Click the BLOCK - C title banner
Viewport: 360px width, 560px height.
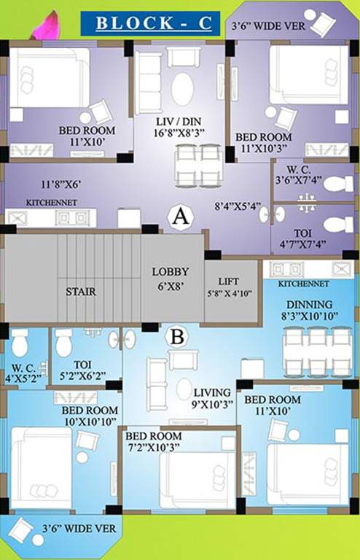tap(150, 23)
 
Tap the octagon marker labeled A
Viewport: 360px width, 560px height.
tap(181, 217)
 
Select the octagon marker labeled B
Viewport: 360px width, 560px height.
tap(177, 336)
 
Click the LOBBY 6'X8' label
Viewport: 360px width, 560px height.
tap(171, 279)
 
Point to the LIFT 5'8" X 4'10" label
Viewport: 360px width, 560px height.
tap(229, 287)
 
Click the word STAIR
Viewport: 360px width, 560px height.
tap(81, 292)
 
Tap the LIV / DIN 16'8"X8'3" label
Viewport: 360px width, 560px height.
tap(179, 127)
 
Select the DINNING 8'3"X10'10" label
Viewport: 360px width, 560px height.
tap(309, 310)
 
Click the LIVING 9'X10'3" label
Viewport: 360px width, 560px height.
tap(213, 398)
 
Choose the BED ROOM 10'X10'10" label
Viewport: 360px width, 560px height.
tap(90, 416)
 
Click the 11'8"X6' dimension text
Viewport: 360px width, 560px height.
tap(61, 184)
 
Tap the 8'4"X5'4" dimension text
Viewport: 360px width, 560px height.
tap(238, 206)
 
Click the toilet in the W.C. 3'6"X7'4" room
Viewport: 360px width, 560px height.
tap(338, 184)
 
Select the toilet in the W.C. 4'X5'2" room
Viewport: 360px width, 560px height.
tap(19, 343)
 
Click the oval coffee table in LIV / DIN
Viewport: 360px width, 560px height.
tap(182, 89)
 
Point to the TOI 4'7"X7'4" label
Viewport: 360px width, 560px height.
tap(302, 239)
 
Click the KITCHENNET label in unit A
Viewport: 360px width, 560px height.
tap(52, 203)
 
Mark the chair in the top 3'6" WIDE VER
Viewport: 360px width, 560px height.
tap(324, 23)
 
